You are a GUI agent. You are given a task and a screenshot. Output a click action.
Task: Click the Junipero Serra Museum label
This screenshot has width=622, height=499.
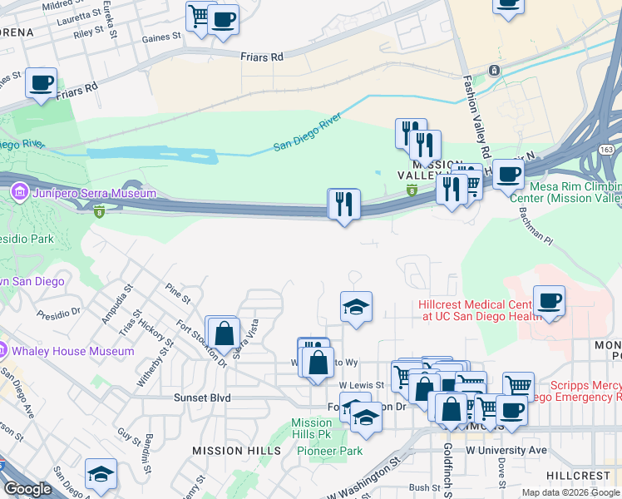(93, 193)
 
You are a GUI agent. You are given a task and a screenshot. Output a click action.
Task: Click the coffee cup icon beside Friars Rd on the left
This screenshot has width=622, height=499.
(41, 83)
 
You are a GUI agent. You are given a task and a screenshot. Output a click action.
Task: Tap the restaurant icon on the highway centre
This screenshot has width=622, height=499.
(343, 205)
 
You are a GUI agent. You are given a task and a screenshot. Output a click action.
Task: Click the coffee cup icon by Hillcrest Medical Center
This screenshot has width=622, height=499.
(548, 301)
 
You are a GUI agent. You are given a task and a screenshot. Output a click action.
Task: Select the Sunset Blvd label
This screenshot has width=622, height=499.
(201, 398)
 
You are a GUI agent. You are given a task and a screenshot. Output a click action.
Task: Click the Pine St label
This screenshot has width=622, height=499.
(177, 293)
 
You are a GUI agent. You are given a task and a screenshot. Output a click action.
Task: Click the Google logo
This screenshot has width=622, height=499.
(27, 489)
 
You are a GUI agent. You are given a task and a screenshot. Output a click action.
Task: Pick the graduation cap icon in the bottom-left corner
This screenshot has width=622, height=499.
(101, 475)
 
